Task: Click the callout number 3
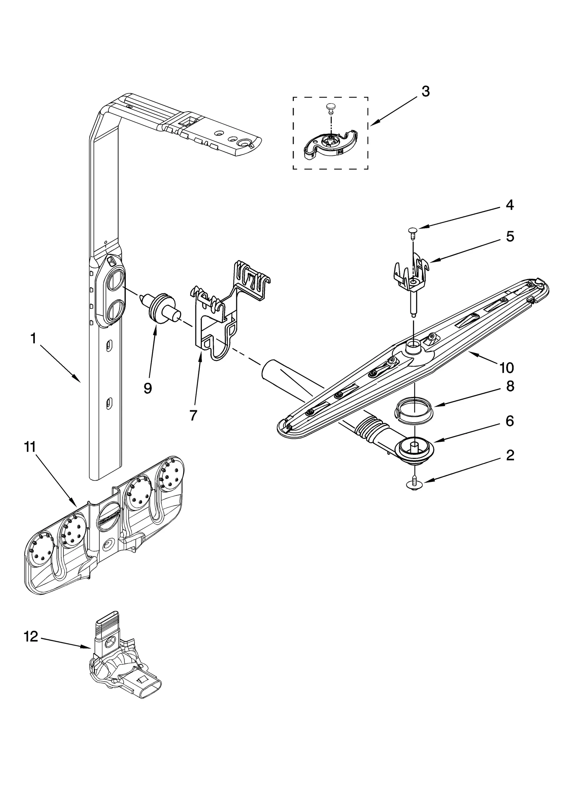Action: [426, 92]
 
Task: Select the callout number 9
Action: [148, 388]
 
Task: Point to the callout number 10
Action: [506, 368]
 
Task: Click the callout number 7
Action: [193, 415]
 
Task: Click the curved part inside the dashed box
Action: [330, 143]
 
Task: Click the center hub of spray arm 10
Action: [413, 348]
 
